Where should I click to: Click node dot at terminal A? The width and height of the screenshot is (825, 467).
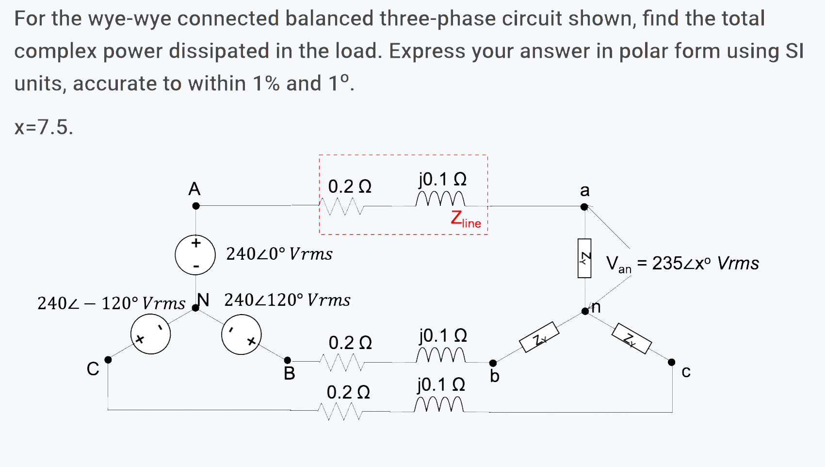(196, 206)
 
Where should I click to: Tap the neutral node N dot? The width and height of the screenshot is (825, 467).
(195, 307)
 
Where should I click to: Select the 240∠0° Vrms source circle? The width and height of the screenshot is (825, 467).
(195, 255)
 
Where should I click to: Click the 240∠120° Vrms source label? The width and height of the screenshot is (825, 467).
(287, 300)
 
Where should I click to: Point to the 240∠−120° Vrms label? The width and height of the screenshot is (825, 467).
(111, 303)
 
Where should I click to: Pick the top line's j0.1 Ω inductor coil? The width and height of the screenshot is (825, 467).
(440, 199)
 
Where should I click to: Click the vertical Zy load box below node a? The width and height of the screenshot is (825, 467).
(584, 258)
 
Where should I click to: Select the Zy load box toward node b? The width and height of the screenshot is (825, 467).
(539, 337)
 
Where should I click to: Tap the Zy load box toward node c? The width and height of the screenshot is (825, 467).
(631, 338)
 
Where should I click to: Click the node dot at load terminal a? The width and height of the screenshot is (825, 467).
(584, 207)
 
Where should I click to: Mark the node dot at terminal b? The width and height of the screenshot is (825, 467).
(493, 363)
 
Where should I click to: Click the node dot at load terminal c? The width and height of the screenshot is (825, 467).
(672, 362)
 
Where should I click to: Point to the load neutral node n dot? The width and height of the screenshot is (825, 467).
(585, 311)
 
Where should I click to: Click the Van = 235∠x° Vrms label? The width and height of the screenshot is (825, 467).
(682, 264)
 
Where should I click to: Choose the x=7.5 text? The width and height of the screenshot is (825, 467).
(44, 127)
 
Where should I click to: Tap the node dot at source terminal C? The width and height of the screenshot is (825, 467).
(108, 360)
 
